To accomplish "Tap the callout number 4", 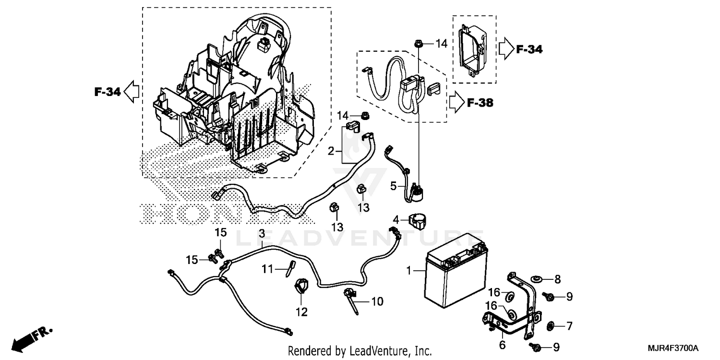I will [396, 220].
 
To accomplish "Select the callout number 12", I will [301, 312].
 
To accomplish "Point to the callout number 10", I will [377, 302].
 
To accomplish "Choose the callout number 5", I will [393, 186].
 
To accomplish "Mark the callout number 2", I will [331, 152].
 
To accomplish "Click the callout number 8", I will [557, 279].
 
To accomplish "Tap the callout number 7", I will [569, 327].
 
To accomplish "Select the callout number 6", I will [502, 344].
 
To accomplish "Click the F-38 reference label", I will [480, 103].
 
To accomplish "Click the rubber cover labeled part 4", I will [416, 222].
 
